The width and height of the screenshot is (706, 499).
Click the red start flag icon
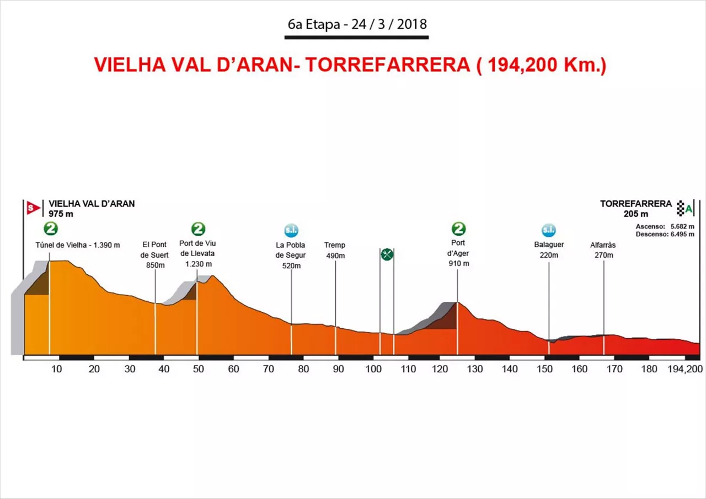pyautogui.click(x=33, y=208)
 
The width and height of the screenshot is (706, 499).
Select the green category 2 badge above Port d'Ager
pyautogui.click(x=458, y=229)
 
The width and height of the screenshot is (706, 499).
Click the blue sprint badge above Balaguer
pyautogui.click(x=548, y=230)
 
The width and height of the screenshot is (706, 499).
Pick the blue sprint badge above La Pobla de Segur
pyautogui.click(x=291, y=230)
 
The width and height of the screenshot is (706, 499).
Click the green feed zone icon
pyautogui.click(x=387, y=254)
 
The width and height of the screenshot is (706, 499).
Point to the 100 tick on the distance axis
pyautogui.click(x=373, y=369)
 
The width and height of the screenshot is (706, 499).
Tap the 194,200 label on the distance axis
pyautogui.click(x=685, y=369)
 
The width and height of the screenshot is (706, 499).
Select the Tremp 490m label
pyautogui.click(x=335, y=250)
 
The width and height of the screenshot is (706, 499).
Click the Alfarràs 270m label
pyautogui.click(x=603, y=250)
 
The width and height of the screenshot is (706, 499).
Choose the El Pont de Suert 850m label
pyautogui.click(x=154, y=254)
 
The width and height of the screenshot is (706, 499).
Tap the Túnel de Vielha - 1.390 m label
pyautogui.click(x=77, y=245)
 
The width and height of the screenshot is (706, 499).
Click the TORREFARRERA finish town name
pyautogui.click(x=636, y=204)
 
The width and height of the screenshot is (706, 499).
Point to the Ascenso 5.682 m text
pyautogui.click(x=665, y=226)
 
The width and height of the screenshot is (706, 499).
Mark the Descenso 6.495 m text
pyautogui.click(x=665, y=234)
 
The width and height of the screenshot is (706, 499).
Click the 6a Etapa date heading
pyautogui.click(x=357, y=25)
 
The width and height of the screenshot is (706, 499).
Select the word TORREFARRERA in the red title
pyautogui.click(x=387, y=64)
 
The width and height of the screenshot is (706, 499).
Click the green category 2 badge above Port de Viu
pyautogui.click(x=199, y=229)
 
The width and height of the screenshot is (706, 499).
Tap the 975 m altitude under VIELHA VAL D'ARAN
pyautogui.click(x=61, y=214)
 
